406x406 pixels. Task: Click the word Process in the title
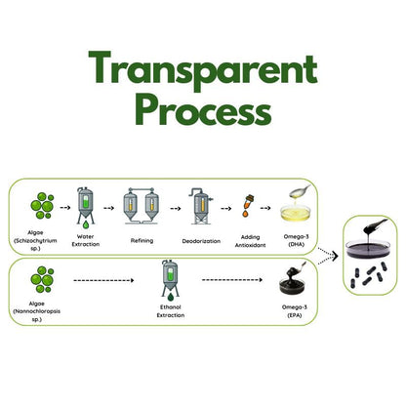(203, 110)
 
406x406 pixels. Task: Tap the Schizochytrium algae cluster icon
(42, 206)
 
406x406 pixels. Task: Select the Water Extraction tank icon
(86, 208)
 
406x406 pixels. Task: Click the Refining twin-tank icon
(141, 206)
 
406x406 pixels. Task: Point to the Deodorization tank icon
(201, 206)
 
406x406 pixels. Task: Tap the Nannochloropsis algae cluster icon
(42, 279)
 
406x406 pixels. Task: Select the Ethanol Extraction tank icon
(170, 280)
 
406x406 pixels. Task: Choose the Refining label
(142, 241)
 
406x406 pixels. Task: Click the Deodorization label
(201, 241)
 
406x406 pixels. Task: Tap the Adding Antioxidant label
(250, 241)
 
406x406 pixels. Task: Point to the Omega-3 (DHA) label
(296, 240)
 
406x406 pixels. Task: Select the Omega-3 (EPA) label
(295, 311)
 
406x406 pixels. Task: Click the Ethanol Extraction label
(171, 311)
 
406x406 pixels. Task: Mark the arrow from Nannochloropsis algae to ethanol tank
(103, 280)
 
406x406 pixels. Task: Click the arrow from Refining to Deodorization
(176, 209)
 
